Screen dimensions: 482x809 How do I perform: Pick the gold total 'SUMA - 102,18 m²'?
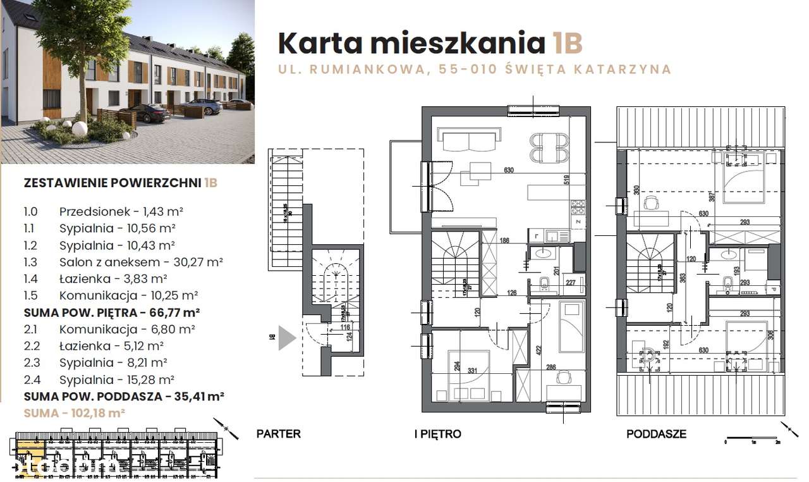74,412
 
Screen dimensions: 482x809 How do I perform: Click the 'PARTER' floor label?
278,434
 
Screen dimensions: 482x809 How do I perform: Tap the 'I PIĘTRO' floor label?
437,434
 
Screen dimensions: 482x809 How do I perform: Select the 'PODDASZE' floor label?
656,434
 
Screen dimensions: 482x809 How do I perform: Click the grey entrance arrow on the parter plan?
286,338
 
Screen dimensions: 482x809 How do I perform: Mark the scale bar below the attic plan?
752,437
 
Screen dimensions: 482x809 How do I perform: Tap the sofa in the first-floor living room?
471,140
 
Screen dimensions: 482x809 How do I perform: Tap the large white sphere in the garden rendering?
80,128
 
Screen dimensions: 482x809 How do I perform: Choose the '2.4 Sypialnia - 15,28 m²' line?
116,380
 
